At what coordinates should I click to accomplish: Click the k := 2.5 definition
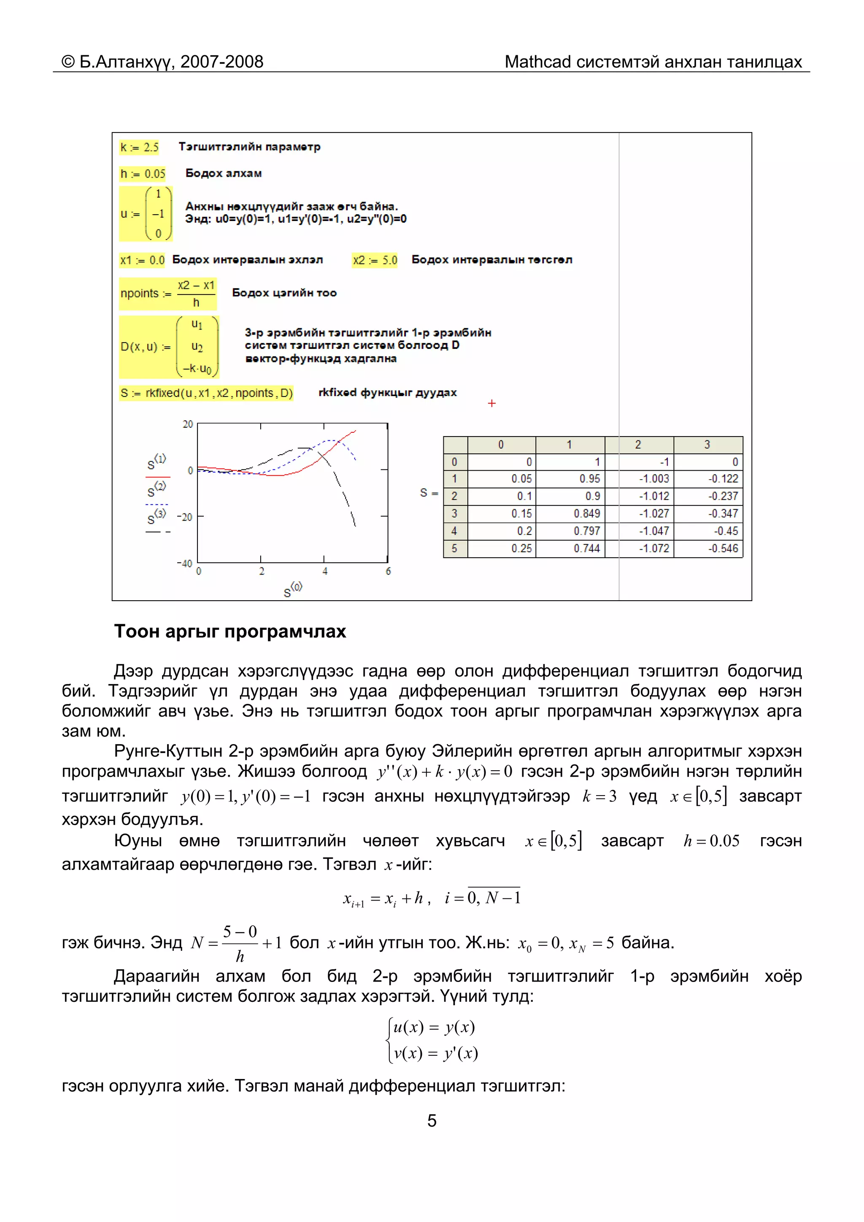click(139, 148)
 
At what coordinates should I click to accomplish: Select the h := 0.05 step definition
click(143, 174)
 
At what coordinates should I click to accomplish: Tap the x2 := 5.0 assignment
click(375, 260)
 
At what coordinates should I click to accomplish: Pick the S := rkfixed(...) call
click(206, 393)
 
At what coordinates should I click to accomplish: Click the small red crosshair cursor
click(491, 403)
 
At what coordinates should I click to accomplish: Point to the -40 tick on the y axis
click(185, 563)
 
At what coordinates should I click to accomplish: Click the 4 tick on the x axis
click(325, 572)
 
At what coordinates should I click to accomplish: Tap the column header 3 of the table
click(707, 445)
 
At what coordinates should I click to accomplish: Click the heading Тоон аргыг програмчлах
click(230, 632)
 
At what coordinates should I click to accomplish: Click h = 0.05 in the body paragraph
click(711, 842)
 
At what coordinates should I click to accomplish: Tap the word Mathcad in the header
click(537, 62)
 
